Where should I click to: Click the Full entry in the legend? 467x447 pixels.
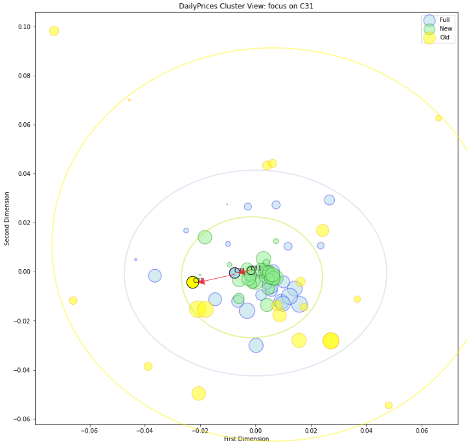coord(444,20)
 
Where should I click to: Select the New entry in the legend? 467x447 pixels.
coord(446,29)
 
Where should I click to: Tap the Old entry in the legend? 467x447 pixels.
coord(444,38)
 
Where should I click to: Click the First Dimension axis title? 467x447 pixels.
coord(246,439)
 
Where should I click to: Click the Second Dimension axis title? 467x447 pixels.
coord(7,217)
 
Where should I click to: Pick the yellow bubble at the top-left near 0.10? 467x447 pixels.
coord(54,31)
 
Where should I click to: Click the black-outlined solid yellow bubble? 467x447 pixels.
coord(192,282)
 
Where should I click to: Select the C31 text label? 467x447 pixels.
coord(256,268)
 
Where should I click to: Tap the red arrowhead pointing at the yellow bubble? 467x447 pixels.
coord(201,281)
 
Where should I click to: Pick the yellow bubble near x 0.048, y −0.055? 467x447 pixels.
coord(389,406)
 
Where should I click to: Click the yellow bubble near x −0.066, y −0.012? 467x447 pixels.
coord(73,300)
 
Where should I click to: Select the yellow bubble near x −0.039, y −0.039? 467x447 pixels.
coord(148,366)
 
